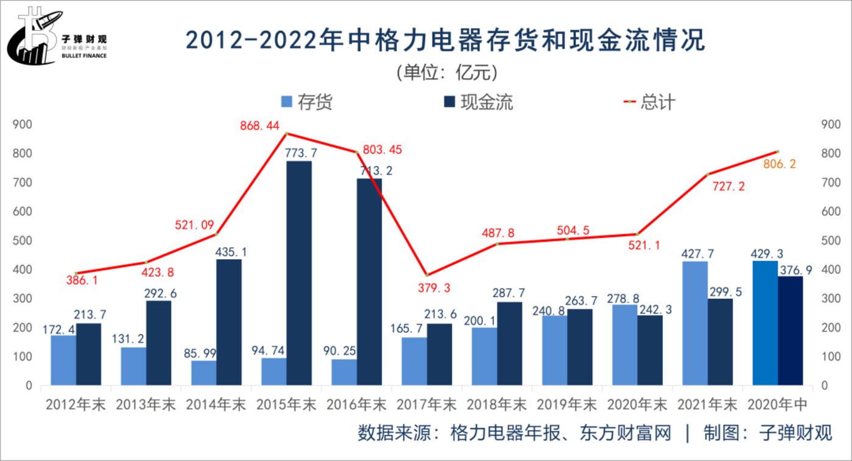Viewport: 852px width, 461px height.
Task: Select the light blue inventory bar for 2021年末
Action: [x=695, y=323]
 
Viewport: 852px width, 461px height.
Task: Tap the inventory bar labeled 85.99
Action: [x=204, y=373]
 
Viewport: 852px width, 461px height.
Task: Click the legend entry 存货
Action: [x=307, y=102]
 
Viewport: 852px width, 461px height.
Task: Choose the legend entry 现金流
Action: [x=478, y=102]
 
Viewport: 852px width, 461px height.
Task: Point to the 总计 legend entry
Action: [x=648, y=102]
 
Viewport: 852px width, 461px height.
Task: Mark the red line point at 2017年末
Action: [x=426, y=276]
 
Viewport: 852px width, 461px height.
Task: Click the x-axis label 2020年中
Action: [x=777, y=404]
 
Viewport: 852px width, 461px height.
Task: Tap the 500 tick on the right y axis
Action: [x=831, y=240]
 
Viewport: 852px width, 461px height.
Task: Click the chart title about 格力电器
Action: [x=445, y=41]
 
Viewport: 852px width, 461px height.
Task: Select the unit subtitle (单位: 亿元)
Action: [x=446, y=72]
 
